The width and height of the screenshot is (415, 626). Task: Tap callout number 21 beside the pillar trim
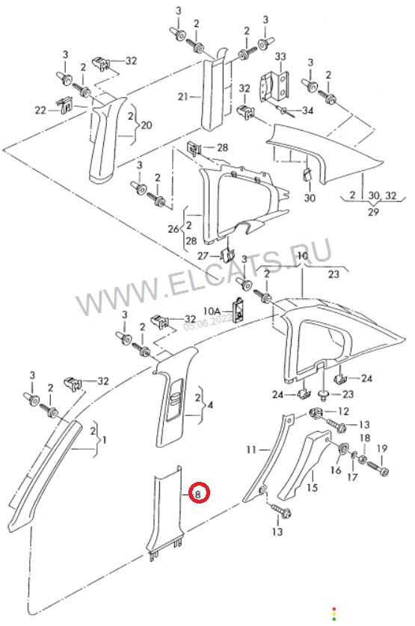pyautogui.click(x=183, y=96)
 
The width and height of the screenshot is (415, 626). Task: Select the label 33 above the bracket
pyautogui.click(x=280, y=56)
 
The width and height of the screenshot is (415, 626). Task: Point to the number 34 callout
pyautogui.click(x=307, y=111)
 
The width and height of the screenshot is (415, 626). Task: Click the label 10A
pyautogui.click(x=212, y=310)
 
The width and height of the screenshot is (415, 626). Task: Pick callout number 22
pyautogui.click(x=41, y=110)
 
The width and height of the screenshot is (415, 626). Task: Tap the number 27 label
pyautogui.click(x=203, y=255)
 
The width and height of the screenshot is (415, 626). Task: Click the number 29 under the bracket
pyautogui.click(x=373, y=211)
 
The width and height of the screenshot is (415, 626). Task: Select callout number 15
pyautogui.click(x=313, y=487)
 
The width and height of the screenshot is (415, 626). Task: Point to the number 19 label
pyautogui.click(x=382, y=448)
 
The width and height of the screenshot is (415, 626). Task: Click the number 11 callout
pyautogui.click(x=251, y=450)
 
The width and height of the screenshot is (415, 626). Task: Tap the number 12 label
pyautogui.click(x=343, y=411)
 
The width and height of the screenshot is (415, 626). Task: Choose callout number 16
pyautogui.click(x=336, y=471)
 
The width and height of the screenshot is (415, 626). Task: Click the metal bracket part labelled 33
pyautogui.click(x=274, y=87)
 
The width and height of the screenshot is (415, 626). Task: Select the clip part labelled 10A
pyautogui.click(x=238, y=309)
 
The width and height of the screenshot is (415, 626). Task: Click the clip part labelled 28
pyautogui.click(x=194, y=149)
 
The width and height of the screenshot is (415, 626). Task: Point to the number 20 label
pyautogui.click(x=147, y=125)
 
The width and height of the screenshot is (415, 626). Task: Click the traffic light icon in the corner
pyautogui.click(x=333, y=613)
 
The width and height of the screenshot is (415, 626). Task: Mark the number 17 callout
pyautogui.click(x=352, y=477)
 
